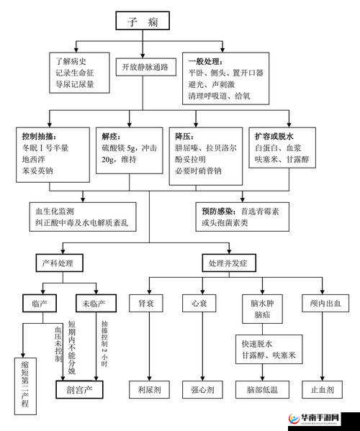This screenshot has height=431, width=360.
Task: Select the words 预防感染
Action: coord(218,211)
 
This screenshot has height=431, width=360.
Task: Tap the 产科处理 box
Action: coord(58,263)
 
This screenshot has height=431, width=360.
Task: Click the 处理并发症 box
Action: coord(228,263)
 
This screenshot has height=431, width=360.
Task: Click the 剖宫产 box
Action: coord(79,389)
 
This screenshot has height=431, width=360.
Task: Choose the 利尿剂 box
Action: coord(148,389)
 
